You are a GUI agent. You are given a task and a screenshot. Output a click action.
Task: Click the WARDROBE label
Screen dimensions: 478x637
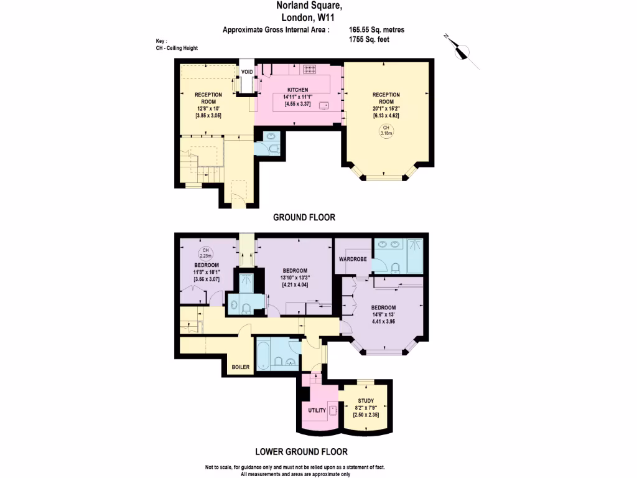click(352, 258)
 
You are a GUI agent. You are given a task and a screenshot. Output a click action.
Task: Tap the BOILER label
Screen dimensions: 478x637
click(240, 367)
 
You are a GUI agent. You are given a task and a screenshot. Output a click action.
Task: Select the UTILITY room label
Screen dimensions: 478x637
click(317, 411)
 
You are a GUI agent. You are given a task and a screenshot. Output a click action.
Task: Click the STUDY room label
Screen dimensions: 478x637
click(366, 401)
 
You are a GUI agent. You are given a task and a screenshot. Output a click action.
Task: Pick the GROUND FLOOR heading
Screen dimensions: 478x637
click(305, 217)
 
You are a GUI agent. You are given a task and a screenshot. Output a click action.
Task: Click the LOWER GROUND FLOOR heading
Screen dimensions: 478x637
click(301, 452)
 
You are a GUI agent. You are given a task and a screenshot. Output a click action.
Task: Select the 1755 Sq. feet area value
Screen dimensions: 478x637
click(371, 40)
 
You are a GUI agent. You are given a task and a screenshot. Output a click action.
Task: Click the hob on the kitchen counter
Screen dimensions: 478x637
click(309, 68)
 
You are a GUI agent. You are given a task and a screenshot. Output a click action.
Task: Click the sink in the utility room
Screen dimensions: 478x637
click(333, 410)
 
